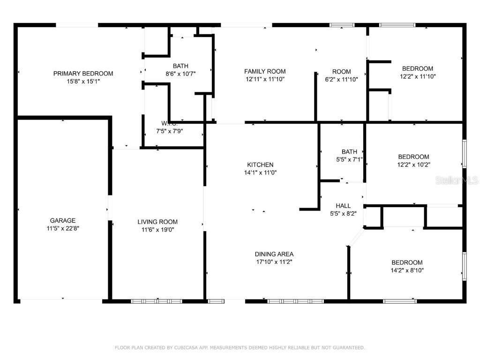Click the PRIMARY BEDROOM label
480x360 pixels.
(83, 74)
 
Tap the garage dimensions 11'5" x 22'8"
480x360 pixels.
(63, 228)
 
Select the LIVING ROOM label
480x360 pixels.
(157, 222)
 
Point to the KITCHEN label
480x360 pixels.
(260, 165)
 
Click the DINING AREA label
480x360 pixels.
(274, 254)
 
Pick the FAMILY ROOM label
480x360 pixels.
(265, 71)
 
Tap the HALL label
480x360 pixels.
(343, 206)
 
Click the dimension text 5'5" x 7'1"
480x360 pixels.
(349, 159)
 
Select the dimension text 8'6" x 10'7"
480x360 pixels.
(180, 74)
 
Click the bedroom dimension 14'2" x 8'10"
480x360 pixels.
(407, 270)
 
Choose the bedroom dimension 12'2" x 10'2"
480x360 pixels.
(414, 165)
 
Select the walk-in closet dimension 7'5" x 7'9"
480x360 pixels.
(170, 131)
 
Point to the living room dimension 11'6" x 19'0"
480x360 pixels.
(157, 230)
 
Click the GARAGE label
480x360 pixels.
(63, 220)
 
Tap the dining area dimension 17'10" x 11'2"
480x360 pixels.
(274, 262)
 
